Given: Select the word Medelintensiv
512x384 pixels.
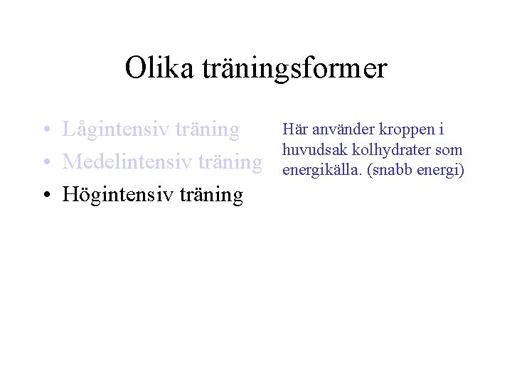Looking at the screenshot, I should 128,162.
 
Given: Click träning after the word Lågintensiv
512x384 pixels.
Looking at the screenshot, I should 208,130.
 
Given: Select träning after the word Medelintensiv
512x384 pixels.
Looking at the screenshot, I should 231,162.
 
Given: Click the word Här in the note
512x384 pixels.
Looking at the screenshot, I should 294,129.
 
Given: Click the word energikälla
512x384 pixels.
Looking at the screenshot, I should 316,171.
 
